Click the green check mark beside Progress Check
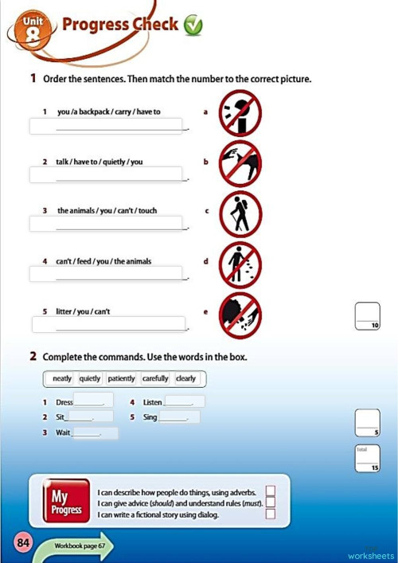(x=193, y=26)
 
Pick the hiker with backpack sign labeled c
(x=240, y=213)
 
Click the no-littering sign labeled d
(x=240, y=262)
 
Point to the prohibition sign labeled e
(x=240, y=314)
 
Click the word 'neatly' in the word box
(x=62, y=378)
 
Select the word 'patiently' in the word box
(x=121, y=378)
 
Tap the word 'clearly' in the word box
(x=185, y=378)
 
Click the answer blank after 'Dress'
(x=92, y=401)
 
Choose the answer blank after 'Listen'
(x=184, y=402)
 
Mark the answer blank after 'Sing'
(x=179, y=417)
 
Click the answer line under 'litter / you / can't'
(x=111, y=324)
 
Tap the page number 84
(x=22, y=543)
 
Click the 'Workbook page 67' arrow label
(x=80, y=547)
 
